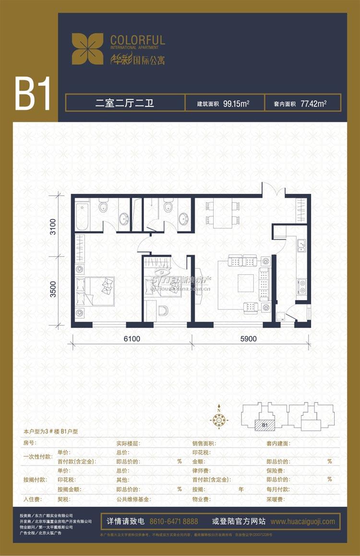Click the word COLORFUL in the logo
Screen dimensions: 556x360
137,40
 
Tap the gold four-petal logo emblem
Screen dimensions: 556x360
87,48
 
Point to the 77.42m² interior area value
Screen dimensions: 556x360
313,103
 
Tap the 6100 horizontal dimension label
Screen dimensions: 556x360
132,339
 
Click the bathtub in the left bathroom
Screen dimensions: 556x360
82,216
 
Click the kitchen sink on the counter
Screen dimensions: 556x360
301,246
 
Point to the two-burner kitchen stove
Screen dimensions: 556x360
301,286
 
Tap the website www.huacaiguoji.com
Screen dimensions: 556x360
302,521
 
